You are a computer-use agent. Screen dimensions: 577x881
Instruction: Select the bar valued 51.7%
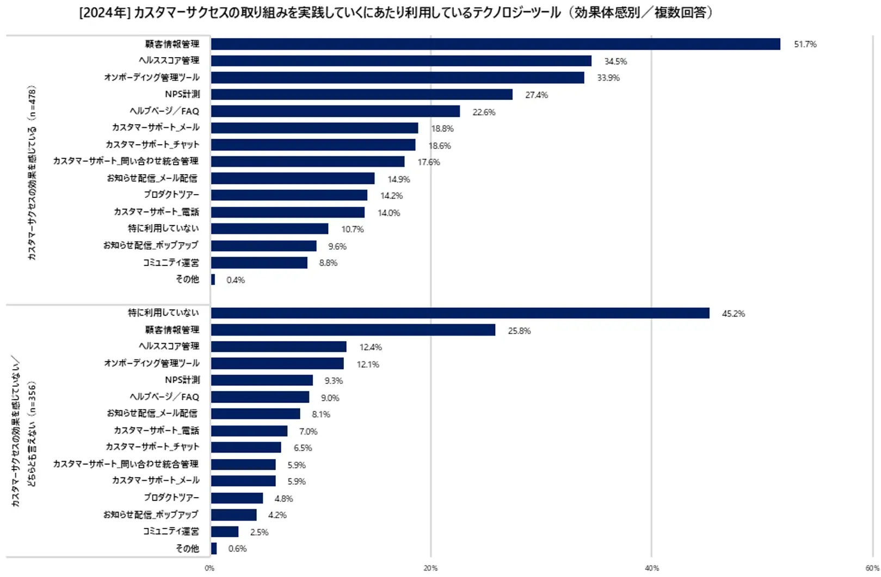click(x=495, y=44)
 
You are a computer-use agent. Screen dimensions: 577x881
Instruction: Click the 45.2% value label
click(x=733, y=314)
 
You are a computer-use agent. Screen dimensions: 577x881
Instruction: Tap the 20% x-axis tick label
click(x=430, y=568)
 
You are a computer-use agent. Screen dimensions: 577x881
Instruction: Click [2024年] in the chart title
click(x=104, y=13)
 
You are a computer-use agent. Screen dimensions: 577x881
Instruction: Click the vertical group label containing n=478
click(x=32, y=172)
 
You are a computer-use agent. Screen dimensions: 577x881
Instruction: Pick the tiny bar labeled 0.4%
click(x=213, y=280)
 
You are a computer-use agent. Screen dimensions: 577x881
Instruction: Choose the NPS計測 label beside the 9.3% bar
click(x=182, y=380)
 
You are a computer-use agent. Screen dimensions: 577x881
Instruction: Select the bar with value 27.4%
click(x=361, y=95)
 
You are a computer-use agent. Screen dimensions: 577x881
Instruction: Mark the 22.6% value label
click(x=484, y=112)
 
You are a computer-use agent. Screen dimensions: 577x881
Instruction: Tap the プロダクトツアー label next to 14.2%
click(x=171, y=195)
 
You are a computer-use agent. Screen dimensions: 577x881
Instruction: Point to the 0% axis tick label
click(x=210, y=568)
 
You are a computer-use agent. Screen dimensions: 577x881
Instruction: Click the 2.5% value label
click(x=259, y=532)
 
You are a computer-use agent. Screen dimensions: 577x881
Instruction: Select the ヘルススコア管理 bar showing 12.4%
click(x=279, y=347)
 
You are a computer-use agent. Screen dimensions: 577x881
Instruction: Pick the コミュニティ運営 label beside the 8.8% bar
click(x=171, y=263)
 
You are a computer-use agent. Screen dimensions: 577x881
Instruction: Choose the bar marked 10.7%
click(x=269, y=229)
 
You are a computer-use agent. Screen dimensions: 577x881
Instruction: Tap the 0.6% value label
click(x=237, y=549)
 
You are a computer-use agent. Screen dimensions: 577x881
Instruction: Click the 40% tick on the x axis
click(x=651, y=568)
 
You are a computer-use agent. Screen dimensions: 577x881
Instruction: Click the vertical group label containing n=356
click(x=24, y=432)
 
